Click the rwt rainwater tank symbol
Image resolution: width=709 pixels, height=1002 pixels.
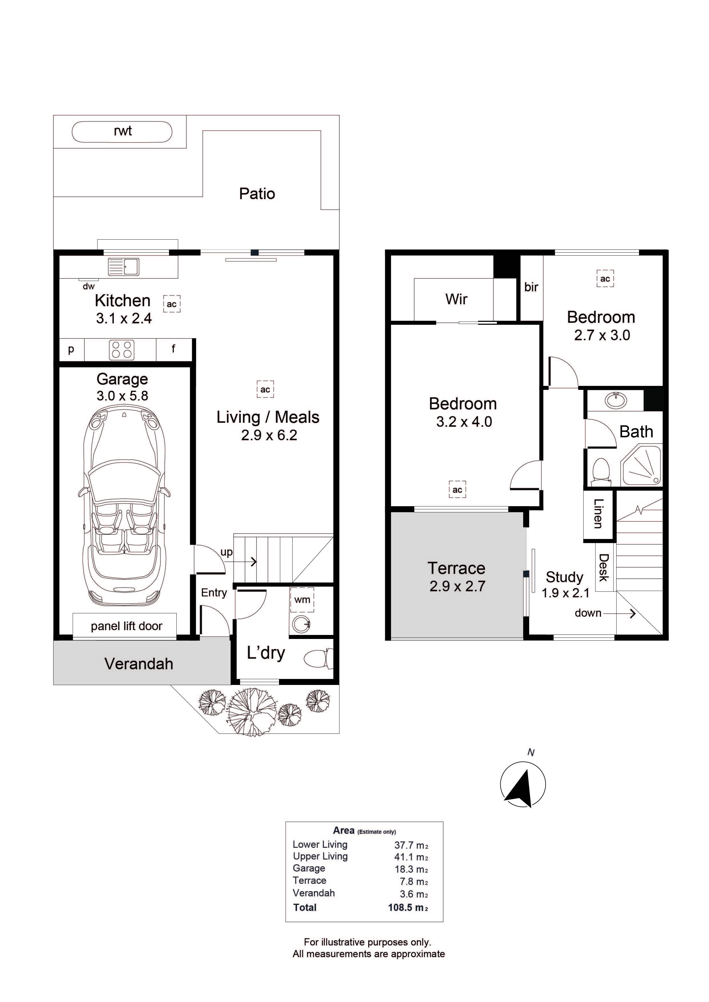[x=122, y=132]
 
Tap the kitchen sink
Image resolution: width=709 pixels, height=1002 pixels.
[x=124, y=267]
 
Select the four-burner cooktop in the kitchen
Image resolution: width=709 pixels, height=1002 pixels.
[x=122, y=350]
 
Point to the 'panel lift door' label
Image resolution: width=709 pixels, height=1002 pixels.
[x=126, y=626]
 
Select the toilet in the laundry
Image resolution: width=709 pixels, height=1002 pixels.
[x=318, y=659]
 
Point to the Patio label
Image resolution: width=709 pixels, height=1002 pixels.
[x=257, y=194]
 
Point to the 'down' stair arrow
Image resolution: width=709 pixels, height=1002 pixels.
[x=620, y=614]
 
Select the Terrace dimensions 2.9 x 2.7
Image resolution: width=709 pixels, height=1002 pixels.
[x=457, y=586]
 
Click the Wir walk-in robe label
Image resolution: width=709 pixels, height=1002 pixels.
[x=456, y=299]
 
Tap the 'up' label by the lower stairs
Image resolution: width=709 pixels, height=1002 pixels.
[x=226, y=552]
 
